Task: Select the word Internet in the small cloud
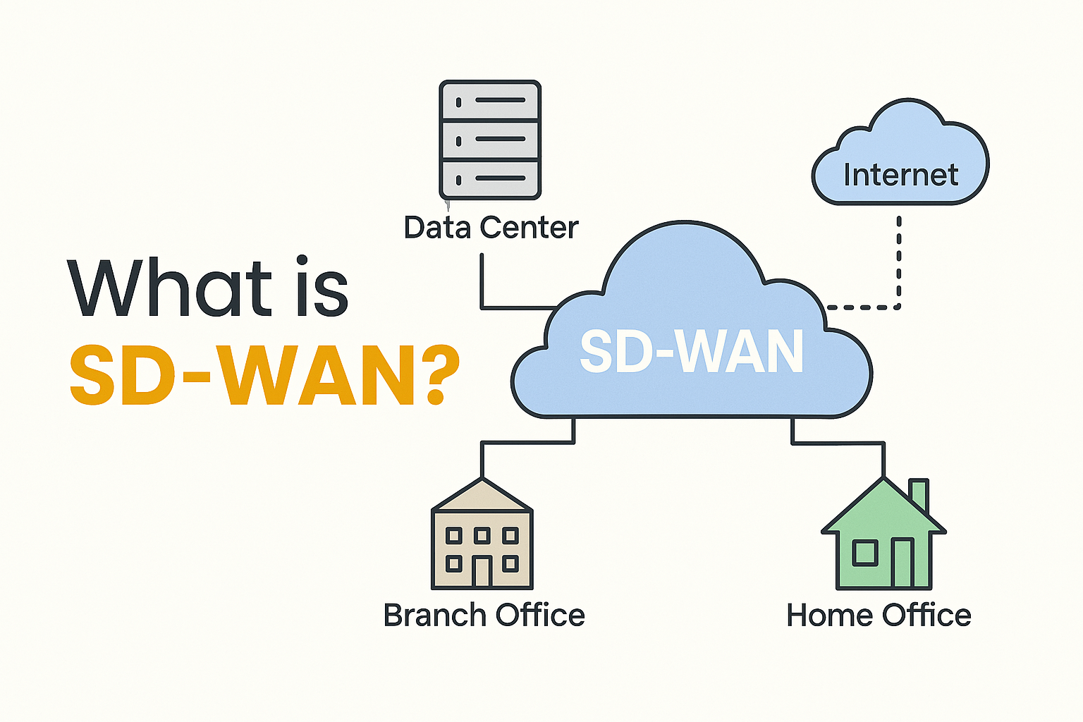tap(900, 175)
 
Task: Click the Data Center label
tap(491, 228)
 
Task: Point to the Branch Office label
tap(484, 615)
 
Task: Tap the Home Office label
tap(879, 615)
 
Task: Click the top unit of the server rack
tap(490, 102)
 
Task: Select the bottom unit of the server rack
tap(490, 178)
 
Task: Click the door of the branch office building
tap(482, 571)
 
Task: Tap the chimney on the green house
tap(919, 494)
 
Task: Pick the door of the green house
tap(902, 563)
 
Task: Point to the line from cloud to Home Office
tap(839, 443)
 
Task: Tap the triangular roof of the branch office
tap(482, 497)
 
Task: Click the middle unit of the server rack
tap(490, 140)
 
